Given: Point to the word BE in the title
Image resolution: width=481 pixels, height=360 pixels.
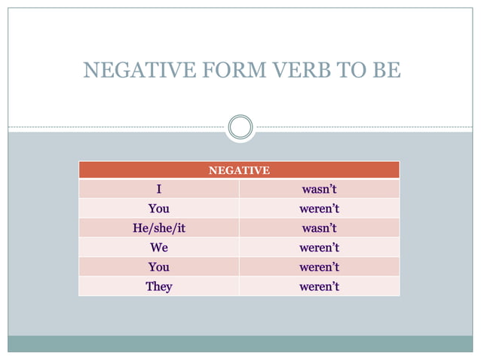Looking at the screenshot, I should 384,71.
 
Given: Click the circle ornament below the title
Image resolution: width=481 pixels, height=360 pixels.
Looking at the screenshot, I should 240,126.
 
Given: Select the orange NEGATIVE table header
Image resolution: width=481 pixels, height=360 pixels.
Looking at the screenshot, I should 239,170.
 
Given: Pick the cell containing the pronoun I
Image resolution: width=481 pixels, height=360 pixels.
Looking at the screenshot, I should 159,189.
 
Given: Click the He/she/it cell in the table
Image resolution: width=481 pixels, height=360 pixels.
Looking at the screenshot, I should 159,228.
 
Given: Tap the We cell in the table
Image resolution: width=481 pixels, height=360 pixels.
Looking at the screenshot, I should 159,248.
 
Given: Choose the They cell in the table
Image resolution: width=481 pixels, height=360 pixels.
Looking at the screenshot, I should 159,287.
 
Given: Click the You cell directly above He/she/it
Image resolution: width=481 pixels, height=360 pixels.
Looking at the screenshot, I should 159,209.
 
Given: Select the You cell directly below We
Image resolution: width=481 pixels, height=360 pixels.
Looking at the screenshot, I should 159,267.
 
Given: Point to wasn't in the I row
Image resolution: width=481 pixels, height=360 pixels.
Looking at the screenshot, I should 319,189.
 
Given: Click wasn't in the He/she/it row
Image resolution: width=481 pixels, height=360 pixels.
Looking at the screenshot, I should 319,228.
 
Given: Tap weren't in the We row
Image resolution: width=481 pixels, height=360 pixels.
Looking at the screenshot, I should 319,248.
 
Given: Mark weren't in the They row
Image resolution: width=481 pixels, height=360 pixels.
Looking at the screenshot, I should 319,287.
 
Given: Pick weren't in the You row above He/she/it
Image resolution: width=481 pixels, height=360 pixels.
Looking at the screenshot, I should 319,209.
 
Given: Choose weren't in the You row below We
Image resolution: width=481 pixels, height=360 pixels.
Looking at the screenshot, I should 319,267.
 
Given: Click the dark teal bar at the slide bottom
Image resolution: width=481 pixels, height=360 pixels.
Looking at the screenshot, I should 240,343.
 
